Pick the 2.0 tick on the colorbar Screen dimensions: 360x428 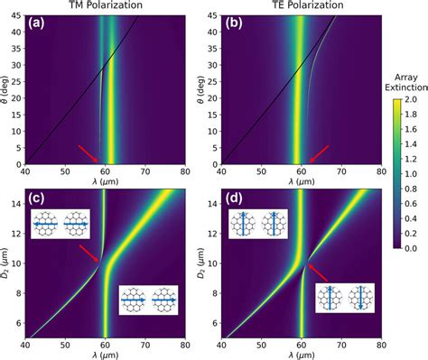(415, 106)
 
